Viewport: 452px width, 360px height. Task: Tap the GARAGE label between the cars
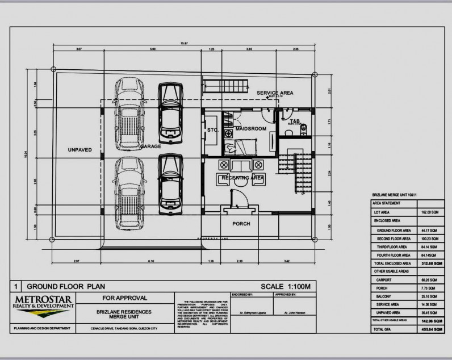point(150,146)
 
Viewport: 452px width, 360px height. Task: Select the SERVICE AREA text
point(274,93)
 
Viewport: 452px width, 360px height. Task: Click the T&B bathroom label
point(295,121)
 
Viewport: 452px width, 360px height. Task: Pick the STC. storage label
point(213,129)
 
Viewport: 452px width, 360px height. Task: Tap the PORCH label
point(241,224)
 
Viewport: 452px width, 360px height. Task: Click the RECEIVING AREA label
point(243,178)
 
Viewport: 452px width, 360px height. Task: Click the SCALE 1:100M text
point(286,287)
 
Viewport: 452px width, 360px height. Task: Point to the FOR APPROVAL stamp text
point(124,297)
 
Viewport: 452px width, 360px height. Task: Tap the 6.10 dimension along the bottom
point(150,261)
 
